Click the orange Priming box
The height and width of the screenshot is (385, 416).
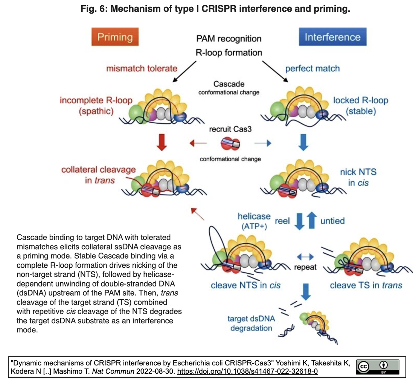click(x=115, y=37)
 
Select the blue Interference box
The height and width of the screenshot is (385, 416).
click(x=332, y=37)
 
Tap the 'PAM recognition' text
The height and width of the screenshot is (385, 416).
click(x=229, y=39)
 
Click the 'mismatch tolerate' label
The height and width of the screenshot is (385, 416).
click(x=142, y=68)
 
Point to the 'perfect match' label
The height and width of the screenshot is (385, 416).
click(x=312, y=69)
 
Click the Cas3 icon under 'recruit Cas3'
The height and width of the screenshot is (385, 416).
click(x=230, y=144)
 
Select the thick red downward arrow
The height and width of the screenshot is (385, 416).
click(x=162, y=142)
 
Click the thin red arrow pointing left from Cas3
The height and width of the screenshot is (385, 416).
click(x=198, y=143)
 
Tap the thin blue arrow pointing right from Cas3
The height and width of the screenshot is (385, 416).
click(x=263, y=143)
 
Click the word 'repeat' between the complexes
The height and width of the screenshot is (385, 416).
click(x=305, y=267)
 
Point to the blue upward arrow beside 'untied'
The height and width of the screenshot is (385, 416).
click(x=312, y=220)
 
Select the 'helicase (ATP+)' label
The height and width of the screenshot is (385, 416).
click(x=254, y=221)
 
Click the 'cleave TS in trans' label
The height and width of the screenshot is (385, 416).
click(x=366, y=285)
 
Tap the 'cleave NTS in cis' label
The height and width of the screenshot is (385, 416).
click(x=245, y=285)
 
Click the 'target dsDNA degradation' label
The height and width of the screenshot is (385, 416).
click(x=251, y=323)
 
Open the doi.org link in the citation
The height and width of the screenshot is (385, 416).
click(x=247, y=371)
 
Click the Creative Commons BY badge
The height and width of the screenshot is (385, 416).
click(x=378, y=367)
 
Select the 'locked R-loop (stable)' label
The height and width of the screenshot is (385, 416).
click(x=361, y=105)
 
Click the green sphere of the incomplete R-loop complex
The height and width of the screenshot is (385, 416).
click(x=137, y=114)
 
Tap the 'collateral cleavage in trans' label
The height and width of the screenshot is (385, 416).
click(x=98, y=175)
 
